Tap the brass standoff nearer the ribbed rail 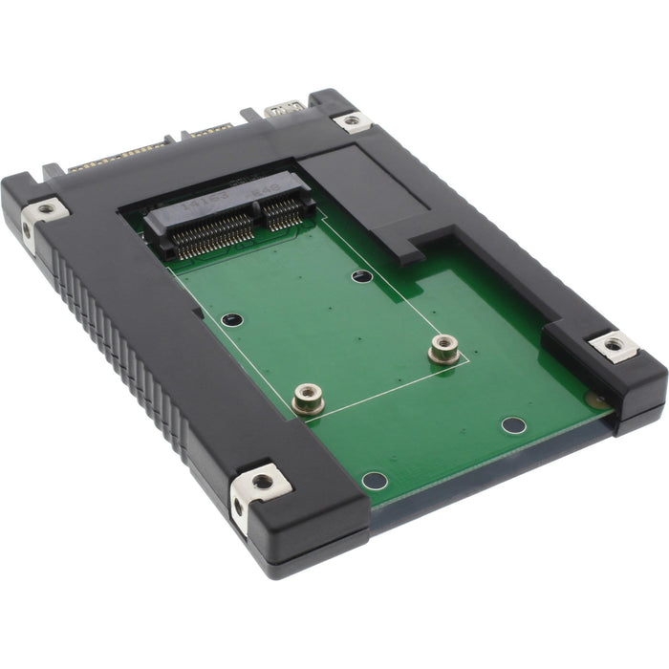(308, 397)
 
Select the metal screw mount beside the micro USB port (351, 120)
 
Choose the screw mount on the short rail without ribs (609, 344)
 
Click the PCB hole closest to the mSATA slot (361, 276)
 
